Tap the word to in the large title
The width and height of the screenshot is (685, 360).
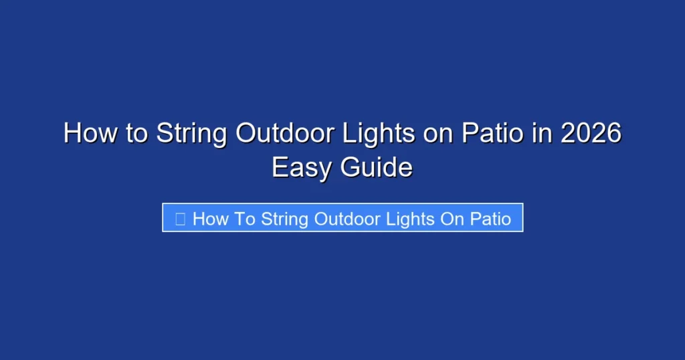tap(136, 133)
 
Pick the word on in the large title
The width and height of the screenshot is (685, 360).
tap(438, 133)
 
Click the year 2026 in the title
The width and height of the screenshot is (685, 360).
tap(591, 133)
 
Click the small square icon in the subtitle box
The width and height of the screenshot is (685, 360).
tap(180, 219)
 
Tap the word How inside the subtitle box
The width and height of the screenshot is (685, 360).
tap(211, 219)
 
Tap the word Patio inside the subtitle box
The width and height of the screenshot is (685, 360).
tap(492, 219)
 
